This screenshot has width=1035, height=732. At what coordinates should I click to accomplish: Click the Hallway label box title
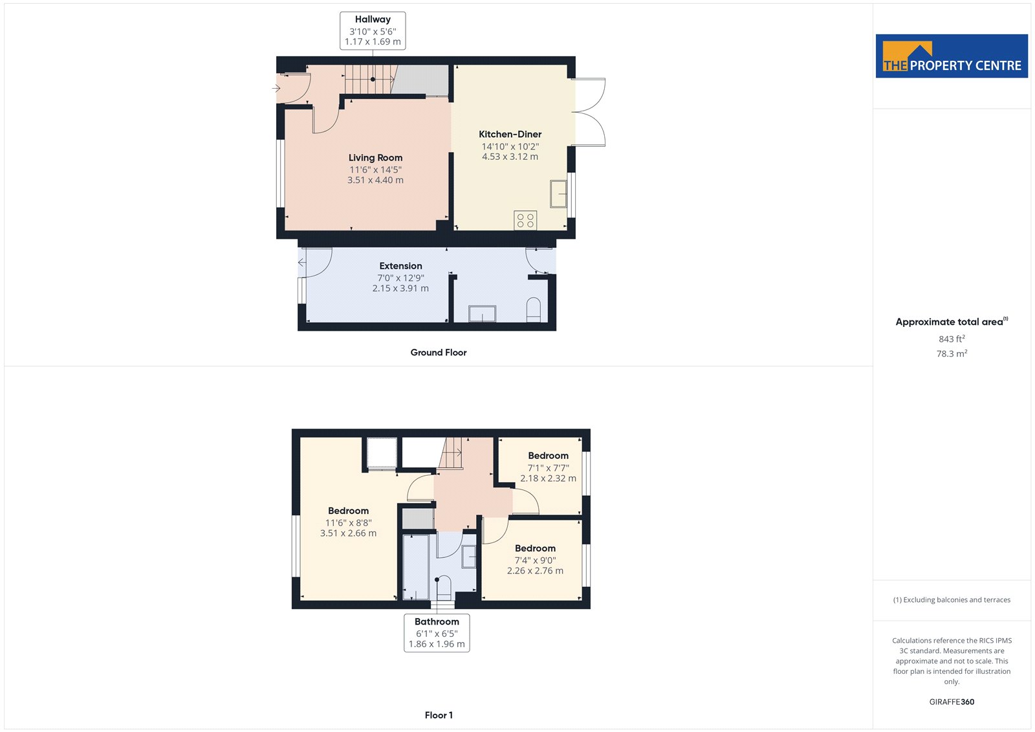click(373, 19)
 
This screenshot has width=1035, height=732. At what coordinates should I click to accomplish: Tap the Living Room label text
click(375, 158)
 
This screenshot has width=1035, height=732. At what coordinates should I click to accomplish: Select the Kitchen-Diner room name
click(510, 134)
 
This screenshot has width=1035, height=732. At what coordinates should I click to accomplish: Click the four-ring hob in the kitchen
click(525, 220)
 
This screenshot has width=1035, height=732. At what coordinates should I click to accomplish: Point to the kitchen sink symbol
click(558, 194)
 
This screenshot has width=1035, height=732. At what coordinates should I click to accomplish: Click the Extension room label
click(400, 266)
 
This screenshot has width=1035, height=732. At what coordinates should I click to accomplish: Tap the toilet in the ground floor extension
click(533, 309)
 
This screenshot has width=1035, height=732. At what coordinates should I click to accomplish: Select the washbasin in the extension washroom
click(482, 313)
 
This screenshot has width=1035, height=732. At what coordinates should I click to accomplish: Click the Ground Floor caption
click(439, 352)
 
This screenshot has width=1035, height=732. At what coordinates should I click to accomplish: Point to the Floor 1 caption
click(439, 715)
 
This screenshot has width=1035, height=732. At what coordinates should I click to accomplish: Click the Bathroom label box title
click(437, 621)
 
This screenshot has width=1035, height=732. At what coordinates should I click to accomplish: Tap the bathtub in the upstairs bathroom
click(416, 568)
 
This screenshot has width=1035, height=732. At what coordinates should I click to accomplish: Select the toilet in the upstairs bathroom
click(444, 588)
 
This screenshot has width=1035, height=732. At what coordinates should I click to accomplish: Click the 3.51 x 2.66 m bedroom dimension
click(349, 533)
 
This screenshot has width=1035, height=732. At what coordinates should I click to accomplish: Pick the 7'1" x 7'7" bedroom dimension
click(548, 468)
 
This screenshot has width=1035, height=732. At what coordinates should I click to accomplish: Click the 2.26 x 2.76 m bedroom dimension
click(535, 571)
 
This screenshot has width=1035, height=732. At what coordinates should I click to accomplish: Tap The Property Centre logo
click(952, 56)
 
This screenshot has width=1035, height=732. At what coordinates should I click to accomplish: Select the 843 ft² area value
click(952, 338)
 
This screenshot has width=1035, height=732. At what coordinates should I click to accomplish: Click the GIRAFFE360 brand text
click(952, 702)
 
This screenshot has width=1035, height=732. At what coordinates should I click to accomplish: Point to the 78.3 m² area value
click(952, 353)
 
